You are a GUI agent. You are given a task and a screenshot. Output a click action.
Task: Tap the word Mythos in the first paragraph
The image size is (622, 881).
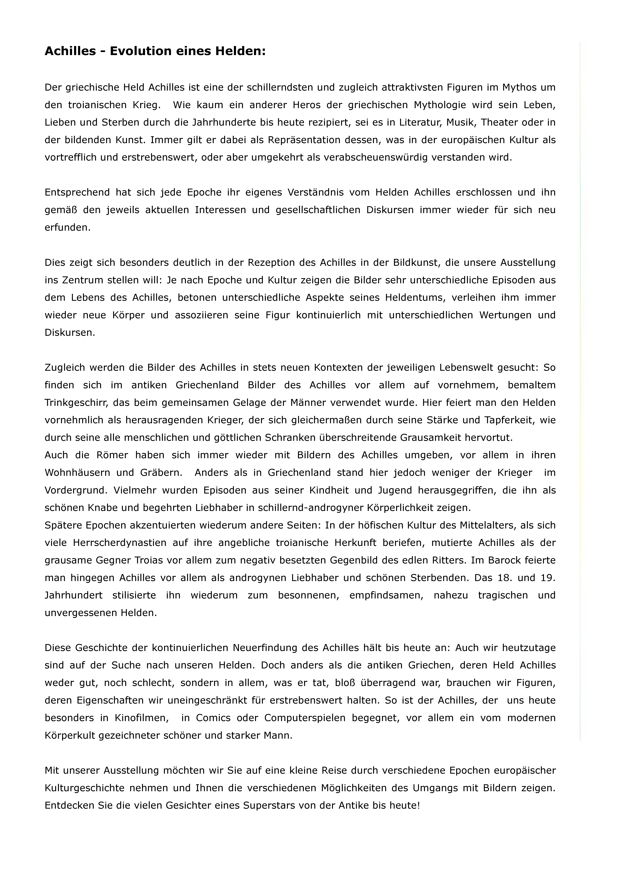519,88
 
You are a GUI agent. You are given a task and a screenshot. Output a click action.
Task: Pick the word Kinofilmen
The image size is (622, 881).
141,718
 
